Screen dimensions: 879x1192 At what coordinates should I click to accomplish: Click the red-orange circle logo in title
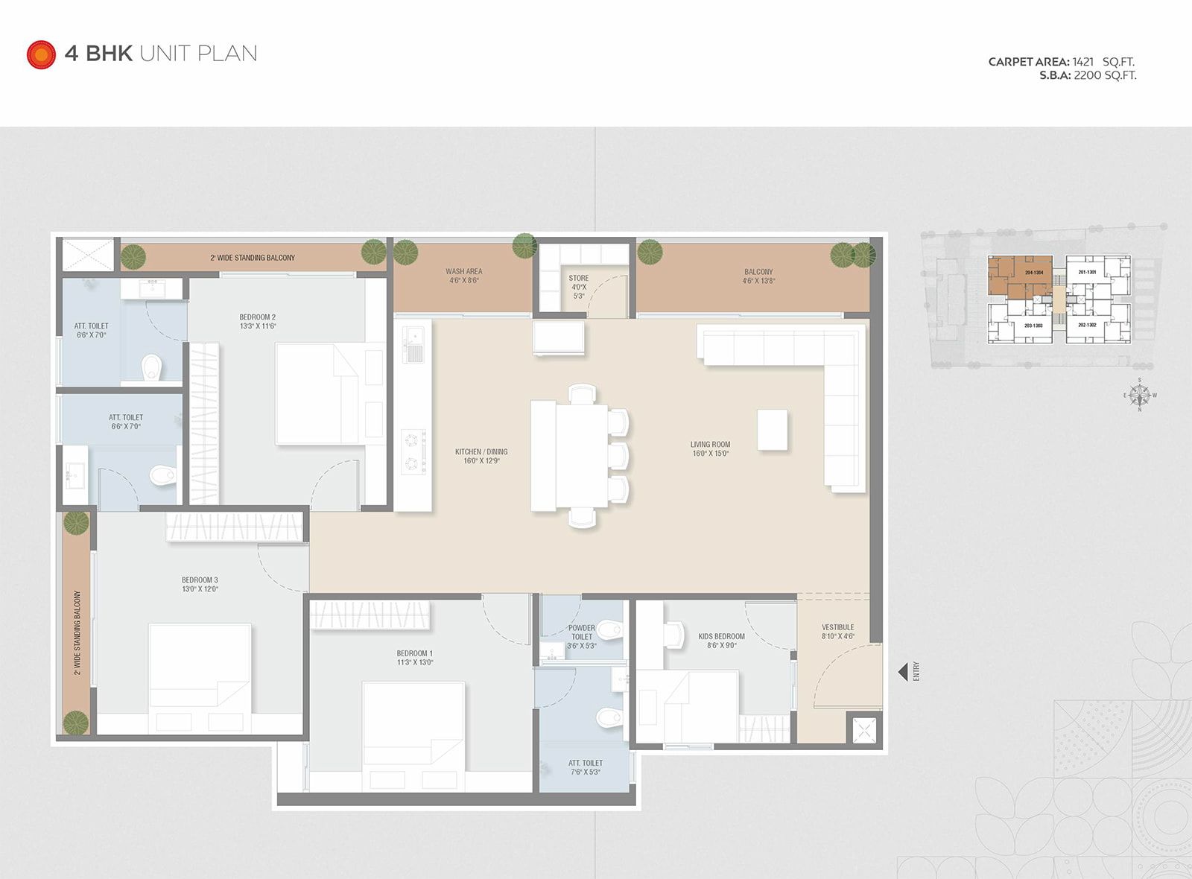tap(41, 54)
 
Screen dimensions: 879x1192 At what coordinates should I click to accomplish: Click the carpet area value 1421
tap(1082, 62)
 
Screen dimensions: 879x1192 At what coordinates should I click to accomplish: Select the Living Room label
tap(710, 448)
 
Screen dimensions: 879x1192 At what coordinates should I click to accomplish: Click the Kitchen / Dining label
tap(481, 456)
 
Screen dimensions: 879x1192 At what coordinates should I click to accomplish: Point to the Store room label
tap(578, 287)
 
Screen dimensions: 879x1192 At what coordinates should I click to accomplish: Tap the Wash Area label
tap(463, 276)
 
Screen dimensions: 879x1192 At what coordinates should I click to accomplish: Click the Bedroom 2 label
tap(257, 322)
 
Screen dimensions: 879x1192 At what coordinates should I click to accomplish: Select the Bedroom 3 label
tap(200, 584)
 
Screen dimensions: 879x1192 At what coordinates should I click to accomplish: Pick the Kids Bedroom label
tap(721, 641)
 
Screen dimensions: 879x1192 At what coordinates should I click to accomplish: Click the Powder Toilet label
tap(581, 637)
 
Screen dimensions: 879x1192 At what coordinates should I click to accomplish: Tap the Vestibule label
tap(837, 632)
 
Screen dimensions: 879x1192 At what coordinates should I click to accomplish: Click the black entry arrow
tap(902, 671)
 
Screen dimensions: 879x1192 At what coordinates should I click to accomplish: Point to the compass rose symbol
tap(1139, 395)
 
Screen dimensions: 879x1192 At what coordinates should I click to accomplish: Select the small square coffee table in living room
tap(773, 430)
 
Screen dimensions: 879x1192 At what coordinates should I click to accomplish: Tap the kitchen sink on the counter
tap(413, 344)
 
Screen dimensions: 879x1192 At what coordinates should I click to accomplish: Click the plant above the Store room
tap(524, 246)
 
